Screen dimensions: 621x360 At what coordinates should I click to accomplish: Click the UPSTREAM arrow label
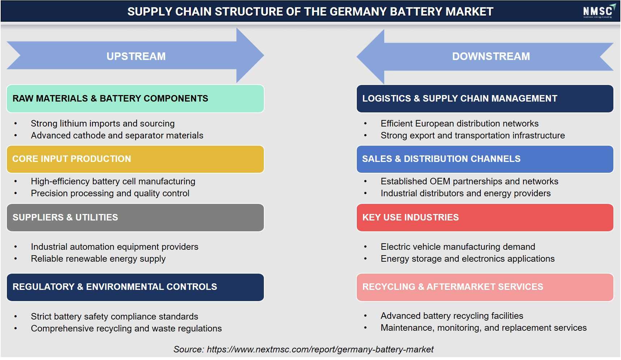click(x=136, y=56)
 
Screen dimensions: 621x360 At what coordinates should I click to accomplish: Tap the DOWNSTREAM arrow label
click(x=491, y=56)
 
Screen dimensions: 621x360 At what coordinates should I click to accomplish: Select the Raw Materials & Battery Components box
click(x=135, y=99)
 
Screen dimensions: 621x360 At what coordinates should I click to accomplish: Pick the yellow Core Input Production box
click(x=135, y=159)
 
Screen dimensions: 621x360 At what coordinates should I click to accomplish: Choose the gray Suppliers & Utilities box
click(x=135, y=218)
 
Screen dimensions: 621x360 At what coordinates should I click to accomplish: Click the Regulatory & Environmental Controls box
click(x=135, y=287)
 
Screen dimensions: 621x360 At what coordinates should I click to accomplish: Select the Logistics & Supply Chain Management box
click(x=485, y=99)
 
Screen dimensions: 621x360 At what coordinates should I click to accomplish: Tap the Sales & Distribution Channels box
click(x=485, y=159)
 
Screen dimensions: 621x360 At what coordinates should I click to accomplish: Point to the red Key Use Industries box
click(x=485, y=218)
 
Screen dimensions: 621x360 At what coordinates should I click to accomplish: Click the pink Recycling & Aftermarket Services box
click(x=485, y=287)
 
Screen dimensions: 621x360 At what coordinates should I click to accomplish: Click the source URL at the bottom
click(x=320, y=350)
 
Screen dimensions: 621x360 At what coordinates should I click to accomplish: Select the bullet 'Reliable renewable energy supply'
click(x=98, y=259)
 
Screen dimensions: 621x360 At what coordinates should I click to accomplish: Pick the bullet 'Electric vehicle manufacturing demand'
click(x=458, y=247)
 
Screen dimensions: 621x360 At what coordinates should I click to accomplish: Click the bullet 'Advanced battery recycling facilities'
click(x=452, y=316)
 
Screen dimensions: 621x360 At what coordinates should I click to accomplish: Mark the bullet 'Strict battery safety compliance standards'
click(x=115, y=317)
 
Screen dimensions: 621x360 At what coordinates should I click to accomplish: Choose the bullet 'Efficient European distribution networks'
click(x=459, y=124)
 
